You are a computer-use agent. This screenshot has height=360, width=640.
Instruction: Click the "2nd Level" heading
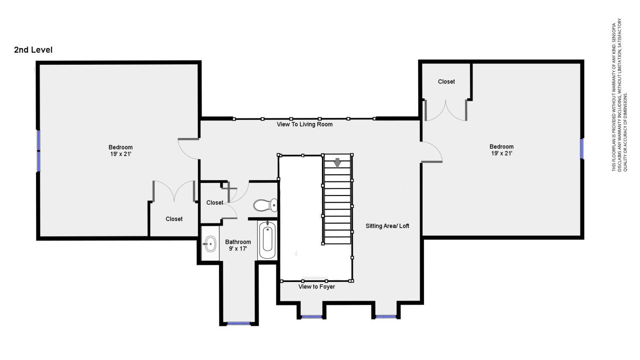33,50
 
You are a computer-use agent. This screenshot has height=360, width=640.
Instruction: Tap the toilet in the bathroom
265,205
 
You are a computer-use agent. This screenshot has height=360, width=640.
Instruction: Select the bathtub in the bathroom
267,240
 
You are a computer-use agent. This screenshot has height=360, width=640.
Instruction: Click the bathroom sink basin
210,244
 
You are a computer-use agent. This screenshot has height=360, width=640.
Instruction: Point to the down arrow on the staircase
338,163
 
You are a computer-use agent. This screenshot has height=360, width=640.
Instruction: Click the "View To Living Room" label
305,124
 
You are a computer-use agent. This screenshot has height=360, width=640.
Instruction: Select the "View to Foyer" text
317,287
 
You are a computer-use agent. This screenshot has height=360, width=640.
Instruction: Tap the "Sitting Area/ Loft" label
387,226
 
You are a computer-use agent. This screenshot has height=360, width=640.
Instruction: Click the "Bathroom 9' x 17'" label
238,245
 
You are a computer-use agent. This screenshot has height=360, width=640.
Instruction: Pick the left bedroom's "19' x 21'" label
120,154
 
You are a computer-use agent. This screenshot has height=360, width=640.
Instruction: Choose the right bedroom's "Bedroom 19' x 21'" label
502,150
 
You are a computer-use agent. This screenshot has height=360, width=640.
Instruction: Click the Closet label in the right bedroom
446,82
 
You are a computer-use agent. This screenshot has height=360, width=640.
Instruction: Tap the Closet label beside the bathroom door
215,203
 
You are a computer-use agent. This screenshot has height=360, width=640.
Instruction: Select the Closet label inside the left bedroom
174,219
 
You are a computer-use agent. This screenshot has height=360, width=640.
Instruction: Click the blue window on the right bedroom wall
582,149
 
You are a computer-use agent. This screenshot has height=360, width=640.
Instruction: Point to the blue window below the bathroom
238,324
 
